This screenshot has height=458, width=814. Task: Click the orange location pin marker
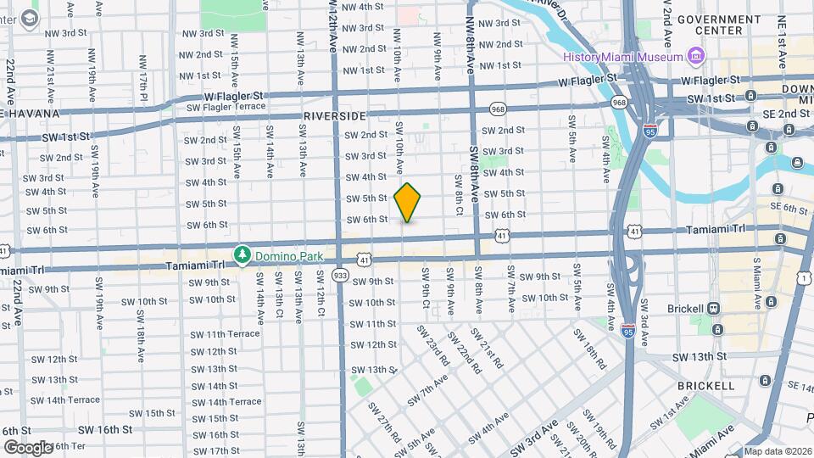[x=408, y=203]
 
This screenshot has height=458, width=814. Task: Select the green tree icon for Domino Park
[x=243, y=254]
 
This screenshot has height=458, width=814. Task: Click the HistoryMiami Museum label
[x=623, y=57]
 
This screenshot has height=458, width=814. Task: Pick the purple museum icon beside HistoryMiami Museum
[x=696, y=57]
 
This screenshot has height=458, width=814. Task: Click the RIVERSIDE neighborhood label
[x=334, y=115]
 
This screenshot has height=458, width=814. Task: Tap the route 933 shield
[x=341, y=275]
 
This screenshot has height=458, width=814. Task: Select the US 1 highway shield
[x=803, y=278]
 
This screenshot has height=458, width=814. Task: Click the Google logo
[x=27, y=447]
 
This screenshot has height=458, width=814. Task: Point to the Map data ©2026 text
[x=777, y=451]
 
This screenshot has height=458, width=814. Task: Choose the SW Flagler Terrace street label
[x=226, y=108]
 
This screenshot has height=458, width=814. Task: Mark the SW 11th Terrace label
[x=225, y=334]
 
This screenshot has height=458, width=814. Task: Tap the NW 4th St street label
[x=360, y=7]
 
